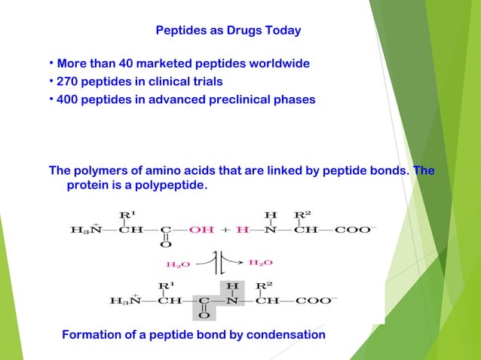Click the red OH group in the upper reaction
point(201,230)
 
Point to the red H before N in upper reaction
point(242,230)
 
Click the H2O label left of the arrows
point(177,264)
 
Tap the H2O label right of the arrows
point(260,262)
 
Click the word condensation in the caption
point(287,334)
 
